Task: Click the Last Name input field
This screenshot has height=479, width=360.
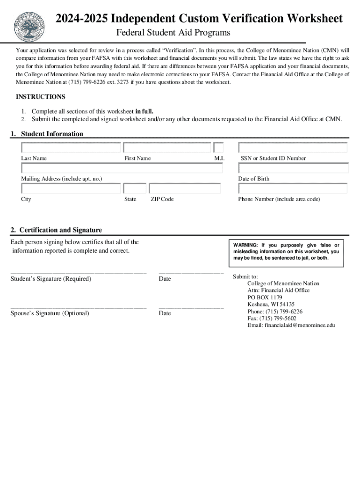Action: [71, 147]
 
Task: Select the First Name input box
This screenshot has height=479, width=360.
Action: [167, 147]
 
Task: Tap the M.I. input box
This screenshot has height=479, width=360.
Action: [218, 147]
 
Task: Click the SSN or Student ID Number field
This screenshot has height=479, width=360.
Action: [293, 147]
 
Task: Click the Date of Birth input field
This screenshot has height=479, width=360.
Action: [293, 168]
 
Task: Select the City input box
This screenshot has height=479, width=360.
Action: [71, 189]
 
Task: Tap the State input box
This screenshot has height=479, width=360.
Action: [135, 189]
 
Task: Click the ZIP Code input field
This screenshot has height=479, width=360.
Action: [185, 189]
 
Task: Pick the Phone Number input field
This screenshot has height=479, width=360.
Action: [293, 189]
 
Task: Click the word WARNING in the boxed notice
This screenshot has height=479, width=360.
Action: [245, 245]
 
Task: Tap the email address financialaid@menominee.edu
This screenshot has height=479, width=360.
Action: [291, 325]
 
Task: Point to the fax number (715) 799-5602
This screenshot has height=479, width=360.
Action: [272, 318]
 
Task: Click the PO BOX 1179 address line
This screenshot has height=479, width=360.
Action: [265, 297]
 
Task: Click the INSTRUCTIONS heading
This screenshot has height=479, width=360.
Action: [41, 97]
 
